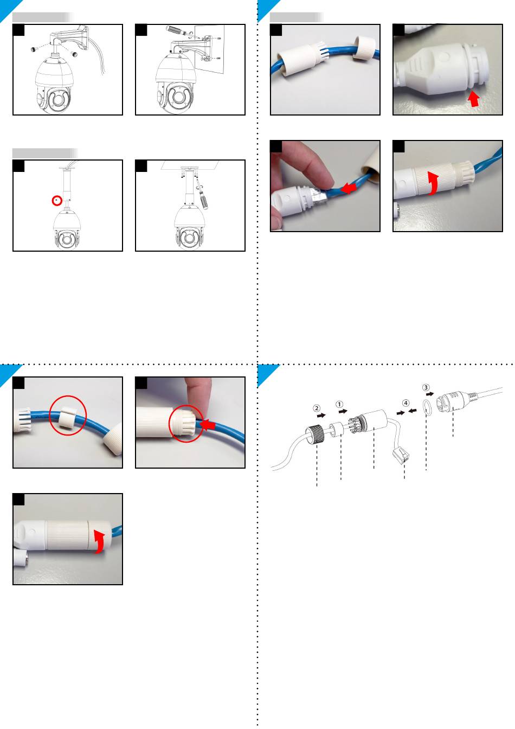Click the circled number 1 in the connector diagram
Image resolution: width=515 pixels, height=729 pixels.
coord(339,405)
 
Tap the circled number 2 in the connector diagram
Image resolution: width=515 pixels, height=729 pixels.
coord(317,408)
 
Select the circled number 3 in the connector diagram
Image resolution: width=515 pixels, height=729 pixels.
coord(426,388)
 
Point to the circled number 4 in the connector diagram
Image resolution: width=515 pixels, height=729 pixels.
coord(405,403)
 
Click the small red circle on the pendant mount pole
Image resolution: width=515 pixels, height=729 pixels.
coord(57,201)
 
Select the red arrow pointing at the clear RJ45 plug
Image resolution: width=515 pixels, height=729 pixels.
coord(348,188)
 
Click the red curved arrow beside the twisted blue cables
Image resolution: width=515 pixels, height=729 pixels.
coord(433,183)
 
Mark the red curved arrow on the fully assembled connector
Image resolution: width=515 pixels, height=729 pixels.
coord(100,541)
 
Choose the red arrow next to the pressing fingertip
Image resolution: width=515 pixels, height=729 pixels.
coord(208,424)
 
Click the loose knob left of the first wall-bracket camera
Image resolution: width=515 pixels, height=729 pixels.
coord(33,49)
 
